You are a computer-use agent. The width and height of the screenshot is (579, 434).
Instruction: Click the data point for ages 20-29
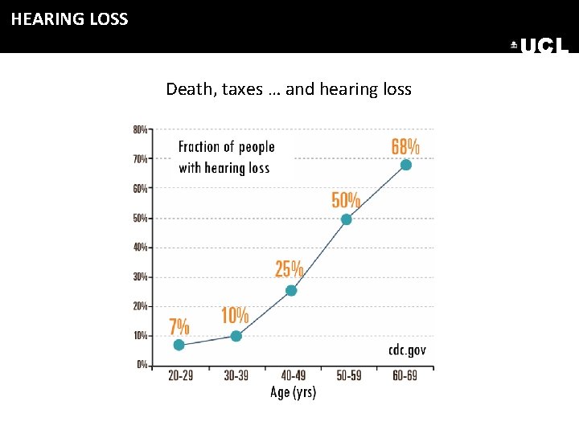[179, 345]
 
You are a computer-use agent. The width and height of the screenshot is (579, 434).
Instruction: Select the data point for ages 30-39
[236, 336]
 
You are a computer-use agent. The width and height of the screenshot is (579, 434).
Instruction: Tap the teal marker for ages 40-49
[291, 290]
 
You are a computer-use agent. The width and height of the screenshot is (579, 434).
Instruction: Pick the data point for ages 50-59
[347, 219]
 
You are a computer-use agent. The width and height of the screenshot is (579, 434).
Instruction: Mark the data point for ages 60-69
[406, 165]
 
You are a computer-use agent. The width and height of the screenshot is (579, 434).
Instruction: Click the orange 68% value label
[405, 146]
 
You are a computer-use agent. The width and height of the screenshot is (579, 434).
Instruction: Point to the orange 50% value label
[346, 200]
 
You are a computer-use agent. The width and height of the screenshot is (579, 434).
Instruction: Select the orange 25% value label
[289, 269]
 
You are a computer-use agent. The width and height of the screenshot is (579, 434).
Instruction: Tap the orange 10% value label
[235, 316]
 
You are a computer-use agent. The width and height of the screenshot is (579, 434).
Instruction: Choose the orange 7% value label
[179, 326]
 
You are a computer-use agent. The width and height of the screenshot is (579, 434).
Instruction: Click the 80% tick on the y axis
[140, 129]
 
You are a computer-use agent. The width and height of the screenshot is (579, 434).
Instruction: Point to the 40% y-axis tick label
[140, 248]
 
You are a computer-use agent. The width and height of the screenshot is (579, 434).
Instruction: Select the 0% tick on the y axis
[142, 365]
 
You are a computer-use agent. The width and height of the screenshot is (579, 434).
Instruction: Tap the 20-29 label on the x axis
[180, 376]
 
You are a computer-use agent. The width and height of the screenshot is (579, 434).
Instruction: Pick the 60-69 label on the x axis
[406, 376]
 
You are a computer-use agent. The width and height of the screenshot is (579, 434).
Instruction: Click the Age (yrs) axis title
[293, 392]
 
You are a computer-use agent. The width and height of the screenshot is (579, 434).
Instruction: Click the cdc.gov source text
[407, 350]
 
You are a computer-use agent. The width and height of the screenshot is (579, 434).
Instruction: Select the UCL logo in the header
[540, 47]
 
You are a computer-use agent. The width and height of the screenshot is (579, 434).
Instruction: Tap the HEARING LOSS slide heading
[69, 19]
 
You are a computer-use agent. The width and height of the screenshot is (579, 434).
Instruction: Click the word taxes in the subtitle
[242, 89]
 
